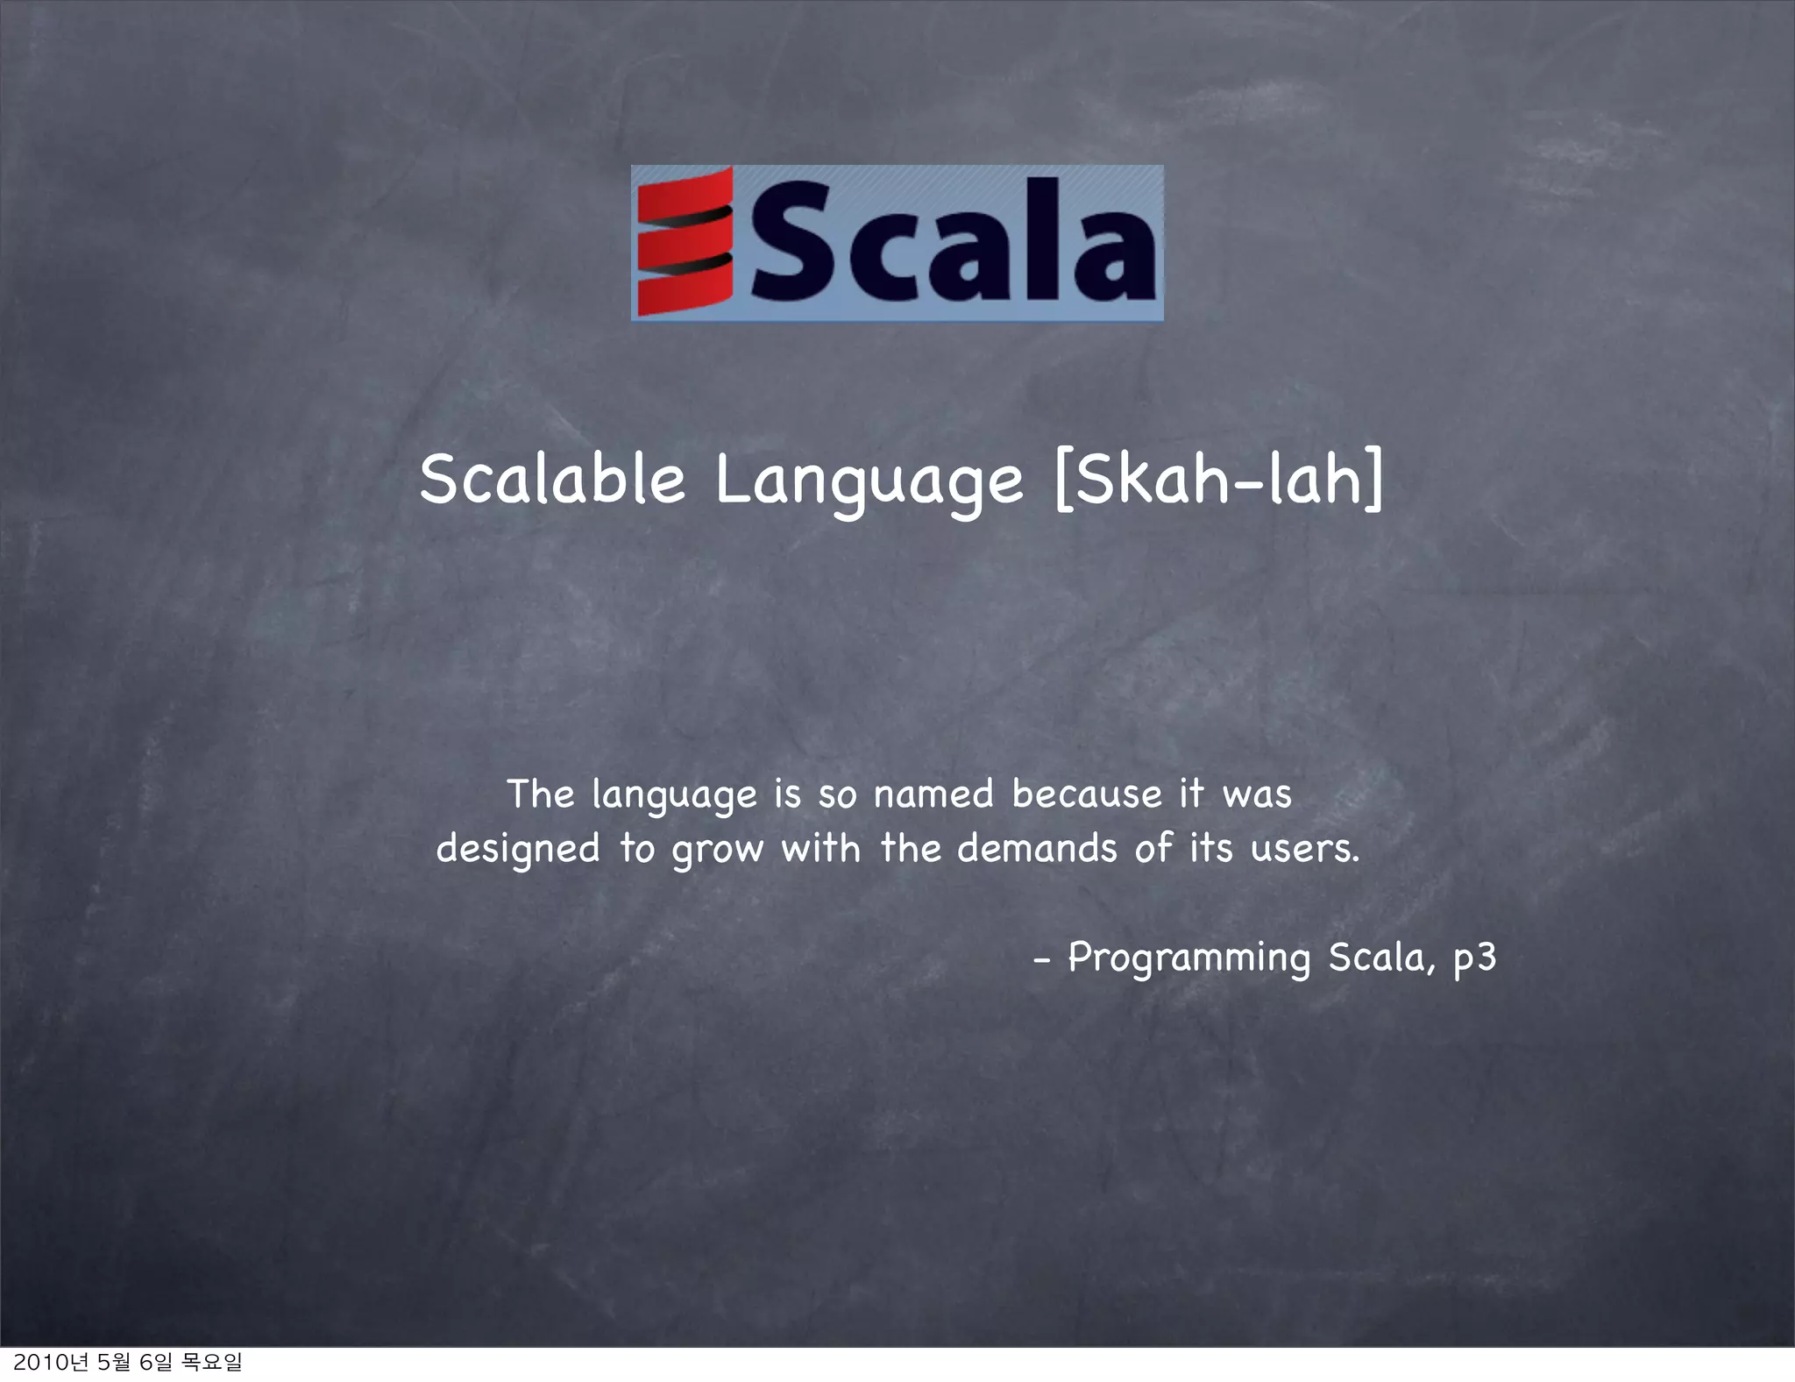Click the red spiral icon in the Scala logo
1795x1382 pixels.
685,242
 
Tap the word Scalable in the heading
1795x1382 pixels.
551,480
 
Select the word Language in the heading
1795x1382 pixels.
869,481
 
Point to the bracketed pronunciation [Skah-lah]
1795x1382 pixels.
1219,478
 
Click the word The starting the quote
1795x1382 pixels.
540,794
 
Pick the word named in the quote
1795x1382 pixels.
933,794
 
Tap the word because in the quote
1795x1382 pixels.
1086,794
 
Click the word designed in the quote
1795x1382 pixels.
518,849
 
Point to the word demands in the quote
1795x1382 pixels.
1037,848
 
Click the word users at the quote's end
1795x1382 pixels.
1303,849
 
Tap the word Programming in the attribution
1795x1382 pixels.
1188,958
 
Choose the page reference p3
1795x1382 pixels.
1474,958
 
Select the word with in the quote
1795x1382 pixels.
820,848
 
